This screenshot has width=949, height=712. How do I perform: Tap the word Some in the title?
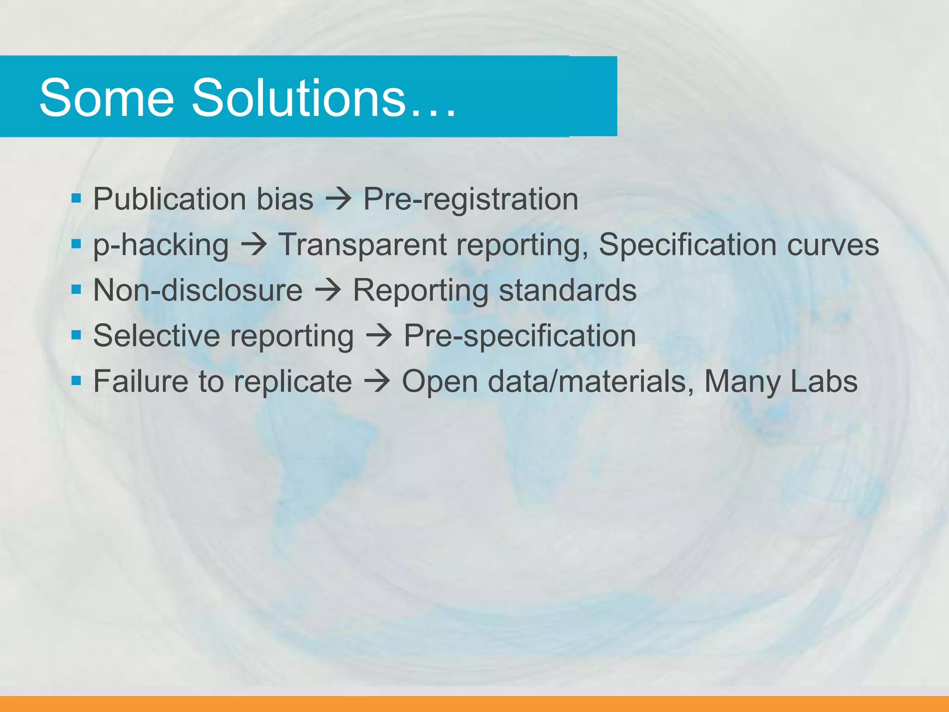click(x=107, y=98)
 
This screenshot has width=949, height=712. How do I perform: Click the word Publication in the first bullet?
click(x=170, y=199)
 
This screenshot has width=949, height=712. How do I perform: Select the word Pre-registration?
click(x=470, y=199)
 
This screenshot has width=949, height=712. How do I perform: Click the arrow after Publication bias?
click(x=338, y=200)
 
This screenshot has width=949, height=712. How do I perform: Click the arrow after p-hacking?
click(x=253, y=245)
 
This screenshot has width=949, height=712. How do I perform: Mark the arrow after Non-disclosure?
click(x=328, y=291)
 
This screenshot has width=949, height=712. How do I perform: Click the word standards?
click(x=568, y=290)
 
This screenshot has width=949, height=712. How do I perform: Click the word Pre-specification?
click(x=520, y=336)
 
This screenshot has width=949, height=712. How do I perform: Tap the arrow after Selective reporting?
click(x=379, y=336)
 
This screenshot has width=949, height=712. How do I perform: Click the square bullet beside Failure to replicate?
click(x=76, y=381)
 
